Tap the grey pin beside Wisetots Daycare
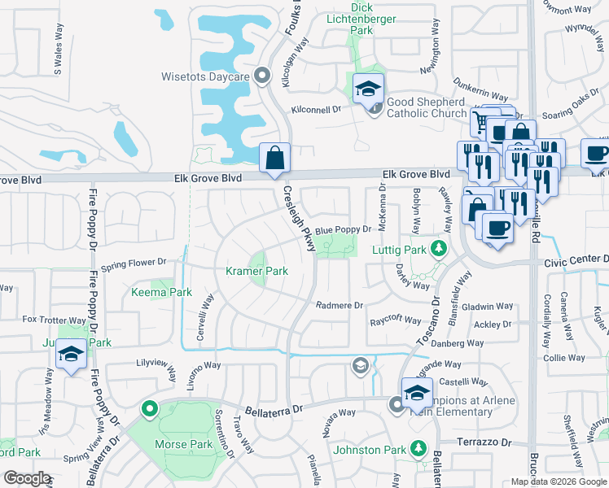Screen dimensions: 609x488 (x=261, y=76)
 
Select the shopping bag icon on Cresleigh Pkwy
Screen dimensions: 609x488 (x=275, y=157)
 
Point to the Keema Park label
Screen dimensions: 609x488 (x=161, y=292)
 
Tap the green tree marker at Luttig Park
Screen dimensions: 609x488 (x=440, y=248)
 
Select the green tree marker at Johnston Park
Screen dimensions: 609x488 (x=418, y=448)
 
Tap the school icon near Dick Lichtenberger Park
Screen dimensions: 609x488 (x=369, y=88)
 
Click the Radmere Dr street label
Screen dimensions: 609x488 (x=340, y=305)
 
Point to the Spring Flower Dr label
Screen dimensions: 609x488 (x=134, y=263)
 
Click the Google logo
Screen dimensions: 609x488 (x=28, y=477)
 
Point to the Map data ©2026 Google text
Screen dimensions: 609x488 (x=558, y=481)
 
